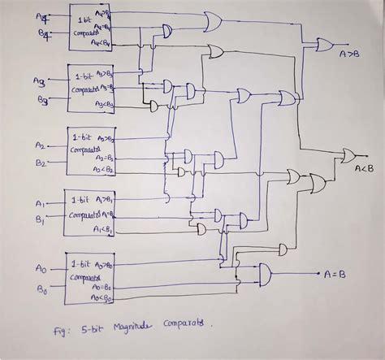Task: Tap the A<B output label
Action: [x=363, y=168]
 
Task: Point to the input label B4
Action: [x=41, y=34]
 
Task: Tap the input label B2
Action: [x=41, y=162]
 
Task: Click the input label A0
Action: [x=41, y=268]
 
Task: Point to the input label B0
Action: [x=41, y=287]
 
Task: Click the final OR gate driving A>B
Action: [x=324, y=44]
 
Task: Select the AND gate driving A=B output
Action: [x=264, y=274]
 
